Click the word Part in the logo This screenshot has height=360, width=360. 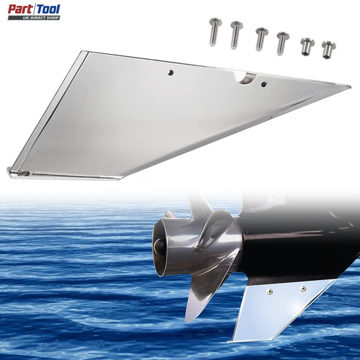21,9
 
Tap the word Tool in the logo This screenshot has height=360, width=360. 48,9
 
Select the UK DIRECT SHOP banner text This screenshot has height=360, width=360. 41,18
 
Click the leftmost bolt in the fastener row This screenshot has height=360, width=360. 215,32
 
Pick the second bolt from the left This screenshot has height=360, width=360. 236,35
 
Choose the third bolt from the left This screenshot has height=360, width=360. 261,39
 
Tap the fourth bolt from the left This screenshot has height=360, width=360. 282,43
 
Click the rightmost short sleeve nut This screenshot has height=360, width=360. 328,50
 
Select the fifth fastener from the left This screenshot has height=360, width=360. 307,46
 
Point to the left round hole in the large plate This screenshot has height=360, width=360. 171,73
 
